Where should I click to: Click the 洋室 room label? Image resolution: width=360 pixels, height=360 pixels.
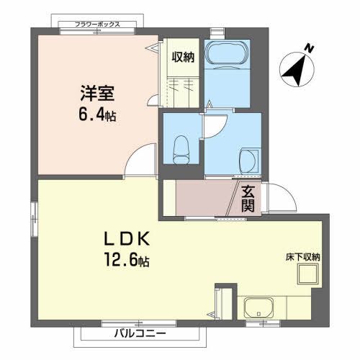[94, 94]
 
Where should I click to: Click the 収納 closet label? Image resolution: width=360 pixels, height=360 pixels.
[183, 57]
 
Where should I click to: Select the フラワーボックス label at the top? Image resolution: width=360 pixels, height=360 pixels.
[98, 24]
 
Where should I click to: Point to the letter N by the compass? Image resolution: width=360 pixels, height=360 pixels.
[308, 48]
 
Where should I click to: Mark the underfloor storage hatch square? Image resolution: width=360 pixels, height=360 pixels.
[310, 276]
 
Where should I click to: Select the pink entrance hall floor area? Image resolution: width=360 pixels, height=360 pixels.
[205, 198]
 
